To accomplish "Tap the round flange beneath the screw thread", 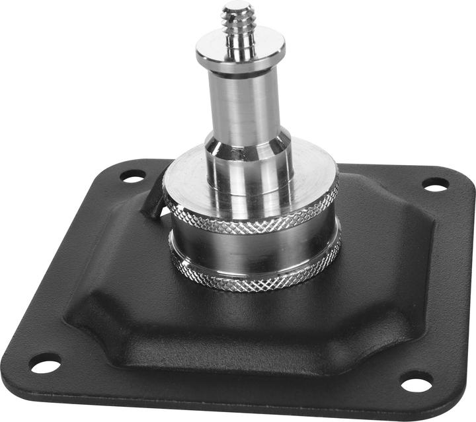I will pos(240,50).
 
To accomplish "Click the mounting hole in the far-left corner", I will pos(133,176).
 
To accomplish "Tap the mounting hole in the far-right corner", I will pos(435,184).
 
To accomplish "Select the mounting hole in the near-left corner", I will pos(45,363).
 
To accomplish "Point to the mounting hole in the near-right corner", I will pos(416,382).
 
